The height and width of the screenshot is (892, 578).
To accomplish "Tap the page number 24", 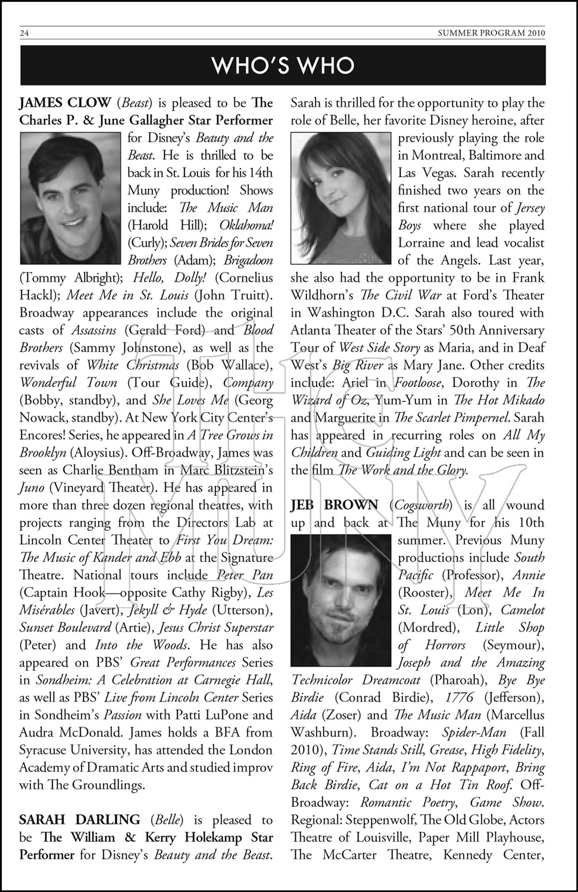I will pyautogui.click(x=24, y=33).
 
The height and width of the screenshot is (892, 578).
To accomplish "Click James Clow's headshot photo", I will pyautogui.click(x=71, y=198).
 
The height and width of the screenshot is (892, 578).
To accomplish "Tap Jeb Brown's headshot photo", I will pyautogui.click(x=342, y=601).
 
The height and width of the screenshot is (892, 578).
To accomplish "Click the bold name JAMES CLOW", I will pyautogui.click(x=65, y=103).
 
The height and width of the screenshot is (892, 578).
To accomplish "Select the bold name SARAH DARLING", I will pyautogui.click(x=79, y=820).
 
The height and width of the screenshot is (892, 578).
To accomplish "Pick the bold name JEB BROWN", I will pyautogui.click(x=334, y=505).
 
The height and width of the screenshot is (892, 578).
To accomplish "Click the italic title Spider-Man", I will pyautogui.click(x=474, y=733).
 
